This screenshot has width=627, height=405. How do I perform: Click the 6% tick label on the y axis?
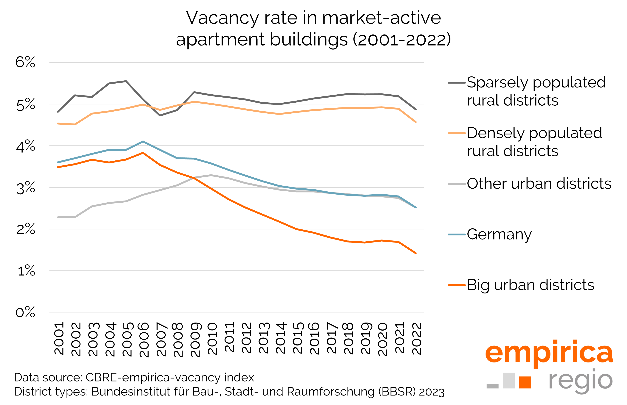coord(25,63)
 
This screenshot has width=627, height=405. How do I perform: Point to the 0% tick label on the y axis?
coord(25,312)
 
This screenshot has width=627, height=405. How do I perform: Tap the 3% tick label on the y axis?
coord(26,188)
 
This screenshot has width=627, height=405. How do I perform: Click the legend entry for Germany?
coord(499,234)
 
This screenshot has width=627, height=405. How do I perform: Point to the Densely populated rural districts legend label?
coord(534,142)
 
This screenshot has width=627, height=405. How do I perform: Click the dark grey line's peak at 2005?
coord(126,81)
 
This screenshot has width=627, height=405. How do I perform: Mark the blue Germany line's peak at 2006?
coord(143,141)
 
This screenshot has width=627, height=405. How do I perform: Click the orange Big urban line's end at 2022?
coord(416,253)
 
